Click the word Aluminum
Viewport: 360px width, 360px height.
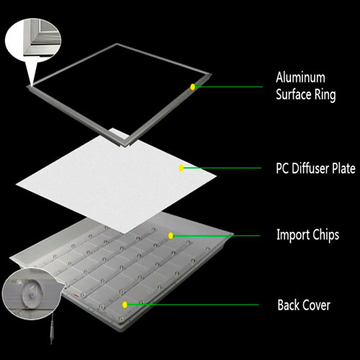click(300, 77)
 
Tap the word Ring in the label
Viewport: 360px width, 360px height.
click(325, 94)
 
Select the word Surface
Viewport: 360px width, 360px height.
click(294, 94)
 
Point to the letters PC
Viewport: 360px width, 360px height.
click(282, 168)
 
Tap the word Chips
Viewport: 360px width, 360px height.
click(326, 235)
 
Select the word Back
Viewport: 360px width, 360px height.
click(288, 305)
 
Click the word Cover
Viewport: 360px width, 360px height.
click(316, 305)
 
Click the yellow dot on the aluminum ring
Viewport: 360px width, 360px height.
click(192, 87)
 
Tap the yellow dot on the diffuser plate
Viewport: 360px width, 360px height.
click(181, 168)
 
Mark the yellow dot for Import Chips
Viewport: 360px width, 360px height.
click(171, 235)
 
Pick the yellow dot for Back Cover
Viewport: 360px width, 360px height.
click(125, 305)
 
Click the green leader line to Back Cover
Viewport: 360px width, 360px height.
click(193, 305)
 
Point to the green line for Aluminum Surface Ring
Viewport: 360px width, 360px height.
click(229, 86)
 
